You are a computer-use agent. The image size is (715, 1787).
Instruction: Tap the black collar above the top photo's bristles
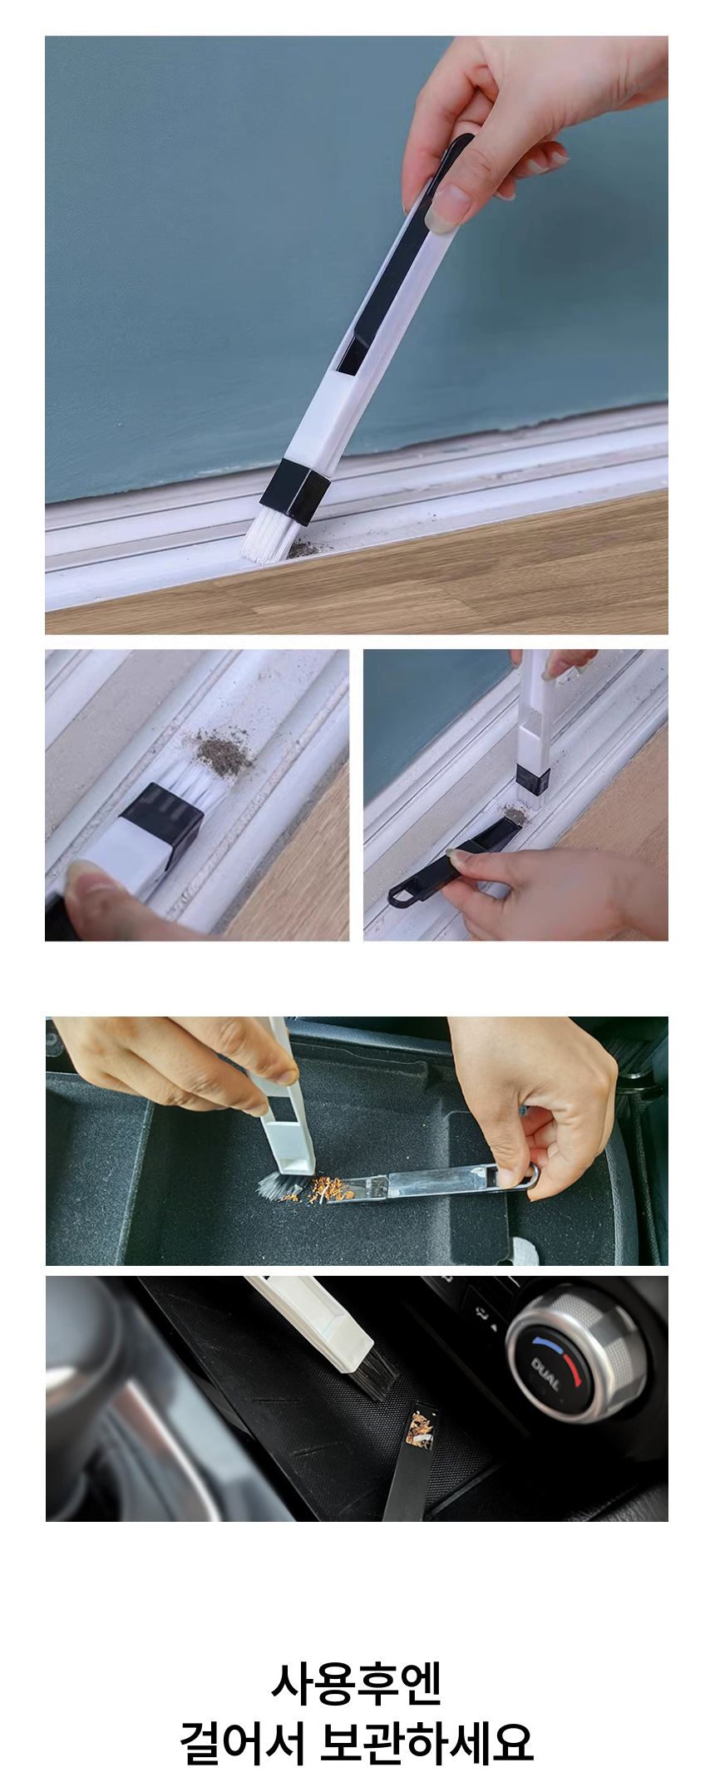(x=295, y=492)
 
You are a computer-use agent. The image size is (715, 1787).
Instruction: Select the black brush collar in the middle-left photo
(x=162, y=818)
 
